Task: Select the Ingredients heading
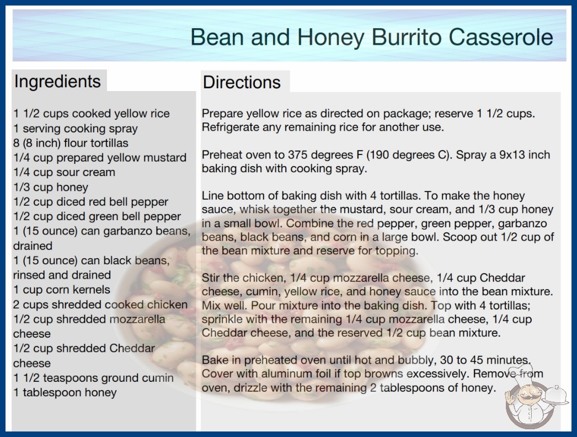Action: click(57, 82)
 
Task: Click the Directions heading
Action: click(242, 82)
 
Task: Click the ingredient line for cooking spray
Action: click(76, 129)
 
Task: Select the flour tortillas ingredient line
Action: click(71, 143)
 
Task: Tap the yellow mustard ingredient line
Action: click(100, 158)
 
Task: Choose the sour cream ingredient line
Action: click(64, 172)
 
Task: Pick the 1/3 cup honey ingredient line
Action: click(51, 187)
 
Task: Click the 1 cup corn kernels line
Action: click(61, 290)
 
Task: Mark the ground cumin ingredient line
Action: click(93, 378)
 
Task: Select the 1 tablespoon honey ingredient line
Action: click(65, 392)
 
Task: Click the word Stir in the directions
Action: click(211, 278)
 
